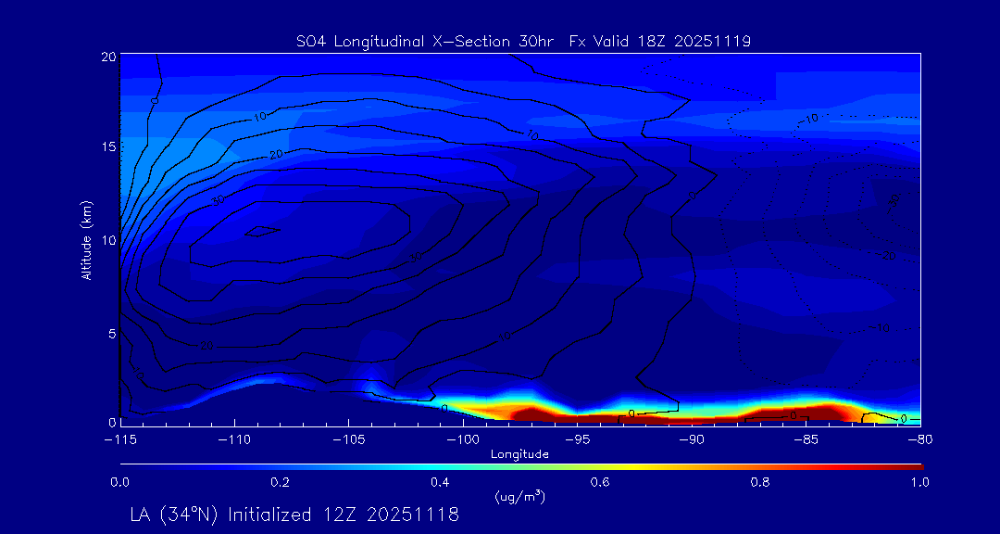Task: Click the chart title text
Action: click(519, 41)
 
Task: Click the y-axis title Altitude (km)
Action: click(87, 239)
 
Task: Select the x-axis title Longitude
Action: click(519, 454)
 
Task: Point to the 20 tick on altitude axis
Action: click(107, 57)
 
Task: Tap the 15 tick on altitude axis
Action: click(107, 148)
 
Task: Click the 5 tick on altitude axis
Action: click(111, 332)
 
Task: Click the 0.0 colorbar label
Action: click(120, 482)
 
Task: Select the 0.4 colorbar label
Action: click(441, 482)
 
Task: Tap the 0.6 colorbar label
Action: click(601, 482)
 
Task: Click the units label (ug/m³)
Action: click(519, 498)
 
